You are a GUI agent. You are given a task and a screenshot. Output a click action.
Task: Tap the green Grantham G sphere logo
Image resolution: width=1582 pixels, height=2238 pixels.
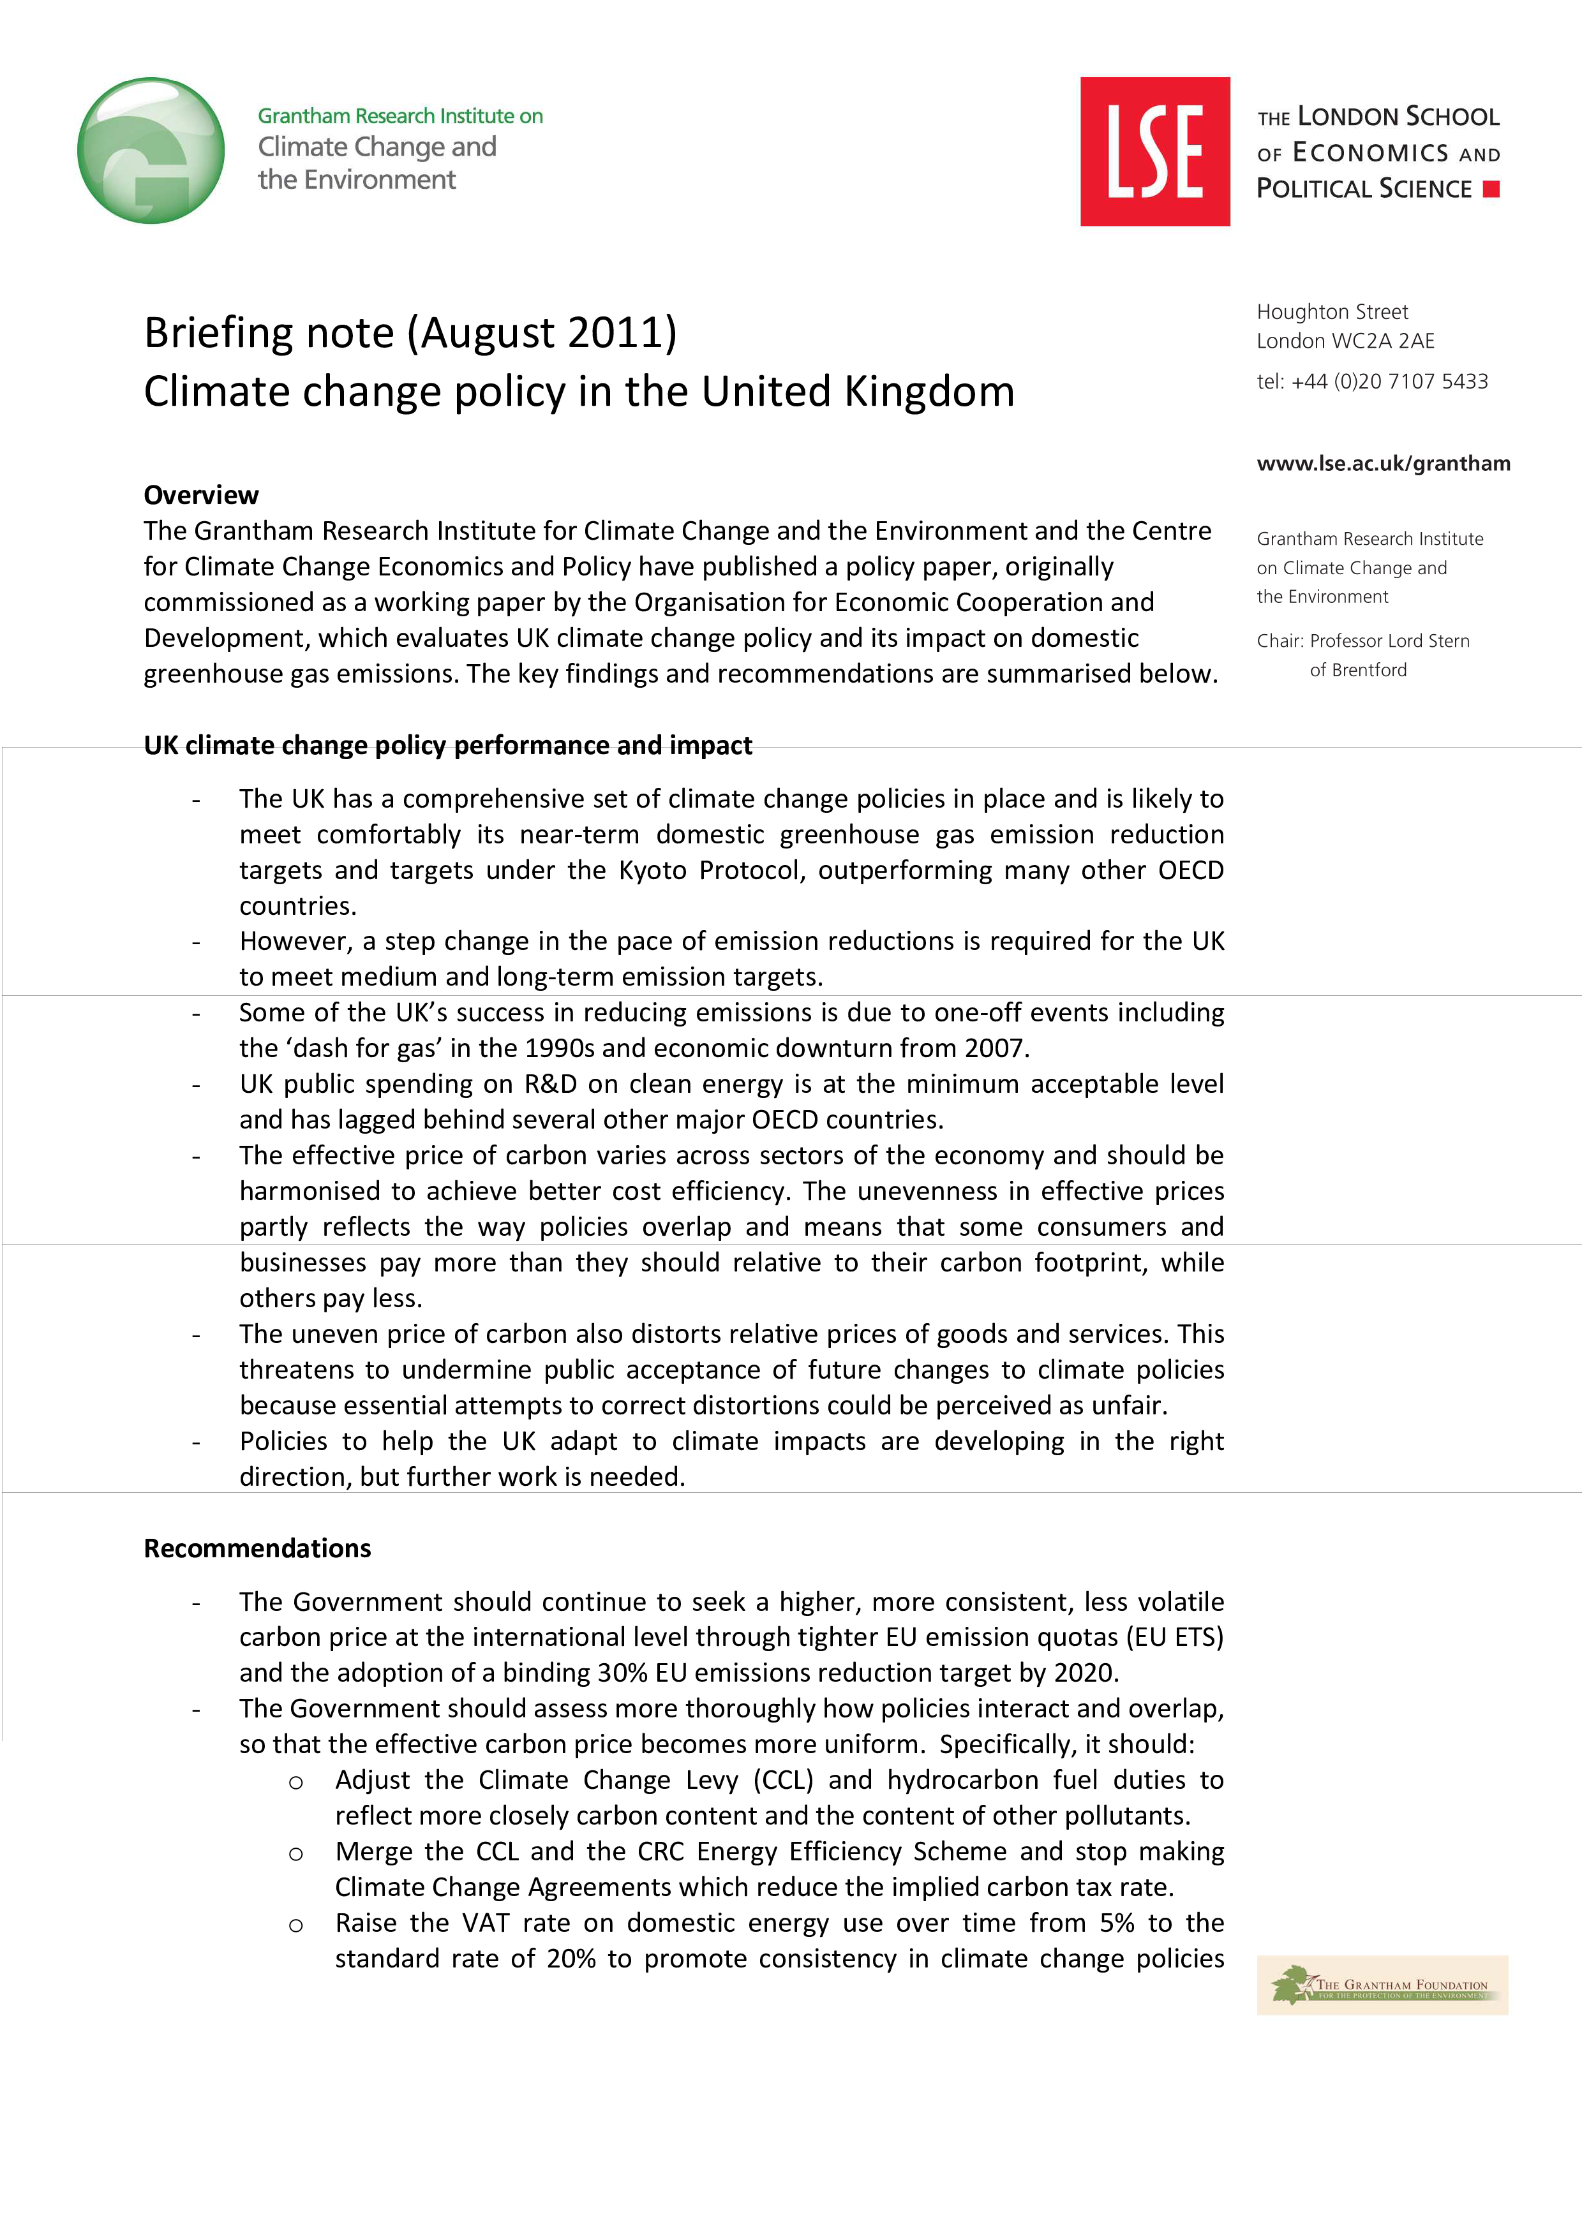pos(151,151)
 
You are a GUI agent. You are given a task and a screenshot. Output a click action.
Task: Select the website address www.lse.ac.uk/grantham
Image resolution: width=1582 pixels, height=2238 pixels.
pos(1383,464)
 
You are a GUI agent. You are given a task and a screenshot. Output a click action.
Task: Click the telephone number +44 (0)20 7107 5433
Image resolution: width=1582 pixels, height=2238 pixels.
pos(1389,382)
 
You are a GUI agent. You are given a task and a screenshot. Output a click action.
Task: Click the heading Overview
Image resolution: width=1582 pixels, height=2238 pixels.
pos(201,495)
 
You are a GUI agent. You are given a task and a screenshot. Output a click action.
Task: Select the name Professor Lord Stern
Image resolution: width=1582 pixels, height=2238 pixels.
pos(1389,641)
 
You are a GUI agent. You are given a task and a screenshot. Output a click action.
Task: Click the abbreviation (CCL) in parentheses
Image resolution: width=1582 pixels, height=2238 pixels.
pos(783,1780)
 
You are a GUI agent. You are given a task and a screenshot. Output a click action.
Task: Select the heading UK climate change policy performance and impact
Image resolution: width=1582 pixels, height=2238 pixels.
pos(447,746)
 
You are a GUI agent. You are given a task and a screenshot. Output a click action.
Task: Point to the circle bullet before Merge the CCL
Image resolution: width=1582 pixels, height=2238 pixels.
pos(295,1854)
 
